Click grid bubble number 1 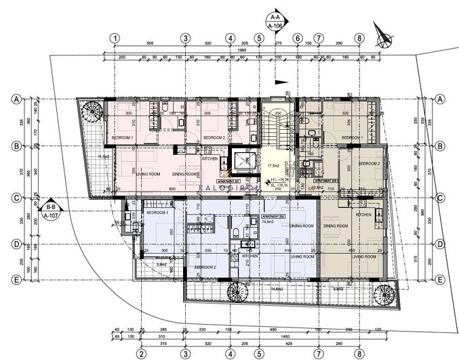coord(117,38)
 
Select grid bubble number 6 coord(298,38)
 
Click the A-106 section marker coord(275,21)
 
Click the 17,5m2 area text coord(274,165)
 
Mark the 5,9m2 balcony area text coord(161,265)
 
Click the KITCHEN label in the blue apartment coord(250,256)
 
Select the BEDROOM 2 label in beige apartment coord(369,164)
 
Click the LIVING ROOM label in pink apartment coord(147,174)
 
